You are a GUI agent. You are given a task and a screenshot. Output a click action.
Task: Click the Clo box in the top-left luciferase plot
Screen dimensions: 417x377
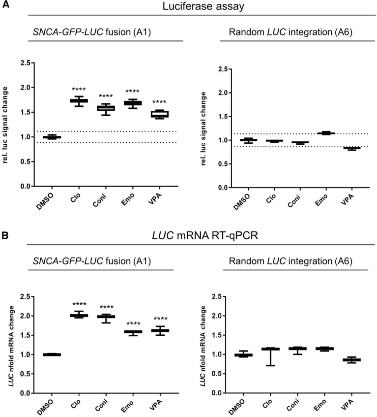[79, 100]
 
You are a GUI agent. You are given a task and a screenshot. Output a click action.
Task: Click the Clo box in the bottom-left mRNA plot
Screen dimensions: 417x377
[79, 315]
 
